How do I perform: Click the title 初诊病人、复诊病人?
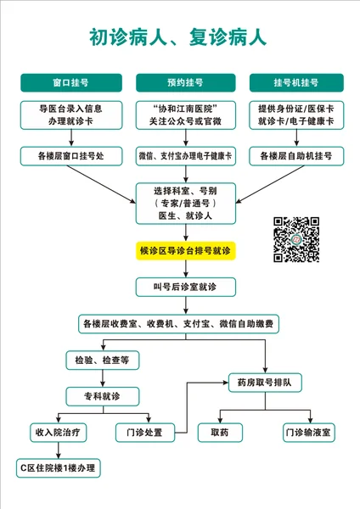178,37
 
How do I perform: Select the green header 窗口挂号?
71,83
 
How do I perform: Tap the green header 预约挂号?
186,83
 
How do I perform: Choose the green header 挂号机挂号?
296,83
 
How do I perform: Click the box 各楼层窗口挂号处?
71,156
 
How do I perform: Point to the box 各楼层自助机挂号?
296,156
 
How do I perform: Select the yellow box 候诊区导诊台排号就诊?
186,250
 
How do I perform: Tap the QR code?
296,239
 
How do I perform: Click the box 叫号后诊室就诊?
186,287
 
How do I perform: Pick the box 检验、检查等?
103,361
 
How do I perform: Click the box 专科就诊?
103,396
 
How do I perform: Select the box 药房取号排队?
265,383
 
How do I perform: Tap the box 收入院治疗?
58,433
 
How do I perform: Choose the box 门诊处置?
145,433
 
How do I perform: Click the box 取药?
220,433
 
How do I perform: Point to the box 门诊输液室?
309,433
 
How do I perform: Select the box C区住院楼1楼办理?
58,468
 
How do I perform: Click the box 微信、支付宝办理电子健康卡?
186,156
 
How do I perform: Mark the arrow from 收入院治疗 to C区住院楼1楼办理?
58,450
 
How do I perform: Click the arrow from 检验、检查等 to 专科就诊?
103,378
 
